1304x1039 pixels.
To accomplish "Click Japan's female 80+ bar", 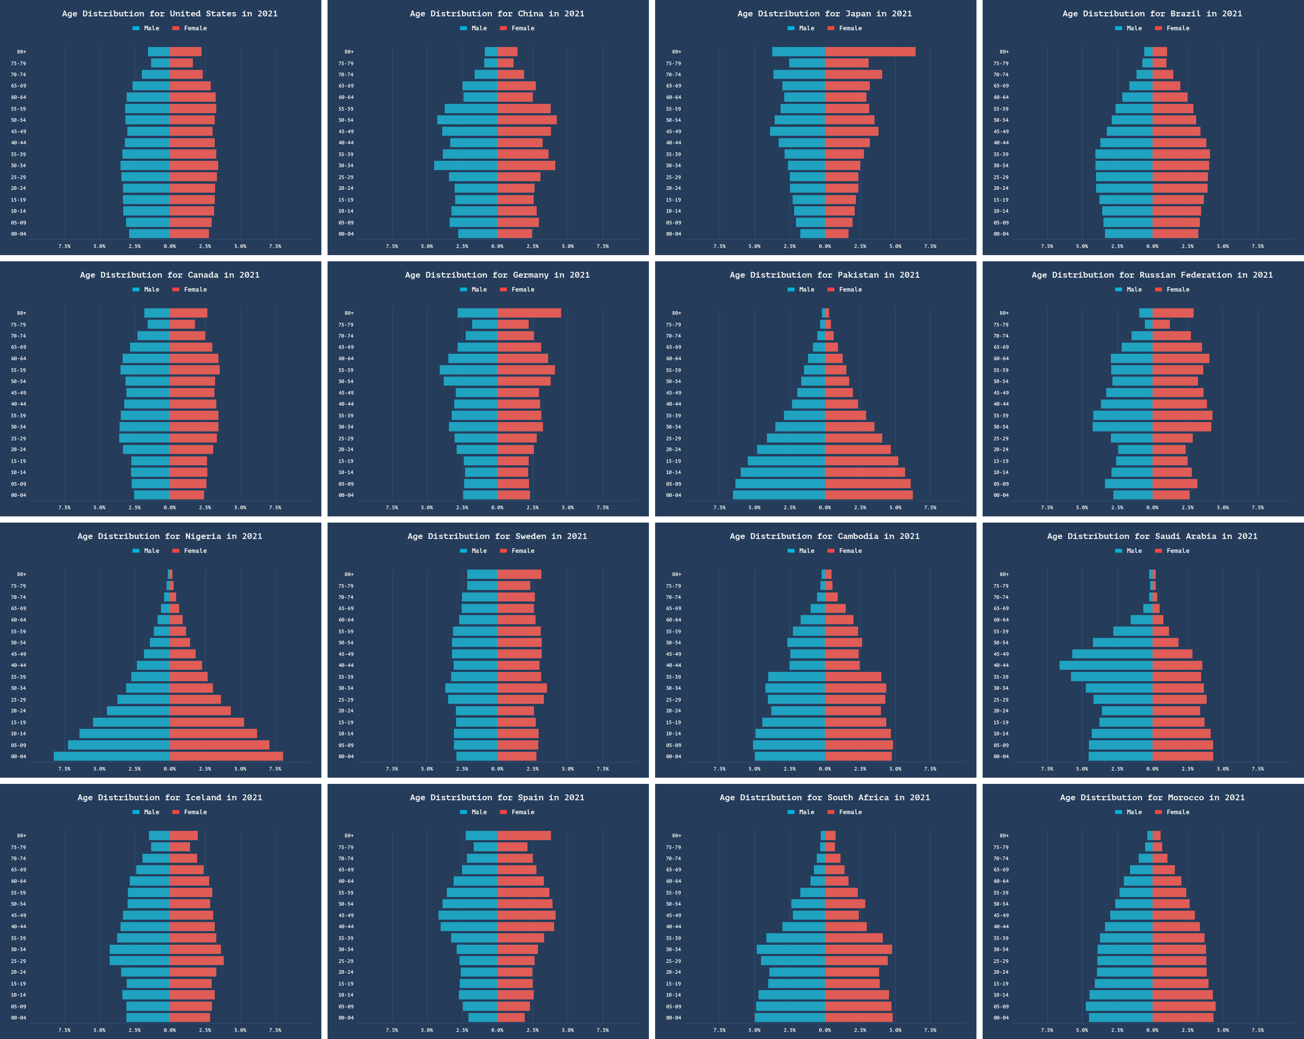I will [x=870, y=51].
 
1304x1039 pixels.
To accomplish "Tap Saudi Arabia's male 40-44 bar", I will [x=1106, y=665].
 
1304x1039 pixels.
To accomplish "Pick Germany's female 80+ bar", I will [x=529, y=313].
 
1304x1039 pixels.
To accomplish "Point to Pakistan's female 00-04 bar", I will [x=869, y=495].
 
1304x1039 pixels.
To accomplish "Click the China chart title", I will [x=497, y=13].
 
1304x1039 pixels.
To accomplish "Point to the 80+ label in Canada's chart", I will [x=22, y=313].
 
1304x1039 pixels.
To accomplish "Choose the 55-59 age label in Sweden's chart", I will [x=346, y=631].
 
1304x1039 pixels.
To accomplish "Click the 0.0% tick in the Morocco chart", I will [x=1152, y=1030].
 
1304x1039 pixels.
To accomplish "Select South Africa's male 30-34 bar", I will [x=790, y=949].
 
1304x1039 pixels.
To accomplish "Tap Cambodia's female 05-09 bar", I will [x=858, y=745].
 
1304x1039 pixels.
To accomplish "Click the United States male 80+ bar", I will [x=159, y=51].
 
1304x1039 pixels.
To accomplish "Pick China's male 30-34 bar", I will [x=466, y=165].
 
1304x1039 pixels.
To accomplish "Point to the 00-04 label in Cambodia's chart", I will [x=673, y=756].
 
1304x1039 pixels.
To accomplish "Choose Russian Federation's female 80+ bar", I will [x=1173, y=313].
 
